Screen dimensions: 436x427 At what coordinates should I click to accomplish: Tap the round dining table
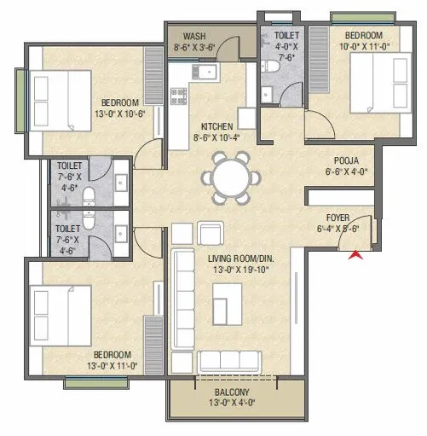pos(228,177)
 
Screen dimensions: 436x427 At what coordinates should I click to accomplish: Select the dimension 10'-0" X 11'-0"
pos(366,48)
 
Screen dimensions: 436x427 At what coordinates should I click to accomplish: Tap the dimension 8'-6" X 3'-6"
pos(194,49)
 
